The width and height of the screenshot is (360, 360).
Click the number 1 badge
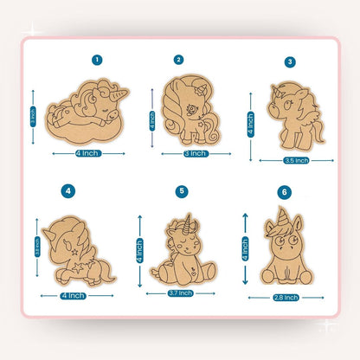pos(97,60)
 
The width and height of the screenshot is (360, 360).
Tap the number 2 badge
pos(178,60)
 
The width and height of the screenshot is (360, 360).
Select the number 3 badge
pos(290,61)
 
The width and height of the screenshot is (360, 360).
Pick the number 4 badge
pos(68,190)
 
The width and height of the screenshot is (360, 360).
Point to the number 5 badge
pos(181,190)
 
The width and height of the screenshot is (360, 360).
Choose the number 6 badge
pos(284,191)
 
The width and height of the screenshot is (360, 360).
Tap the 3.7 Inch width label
pos(181,293)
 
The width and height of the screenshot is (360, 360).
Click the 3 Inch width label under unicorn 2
pos(196,153)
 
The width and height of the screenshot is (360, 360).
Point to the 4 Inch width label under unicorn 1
pos(88,153)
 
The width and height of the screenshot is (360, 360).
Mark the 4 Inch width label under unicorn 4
pos(73,295)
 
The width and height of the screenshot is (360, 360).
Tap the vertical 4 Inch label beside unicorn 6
pos(244,248)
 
